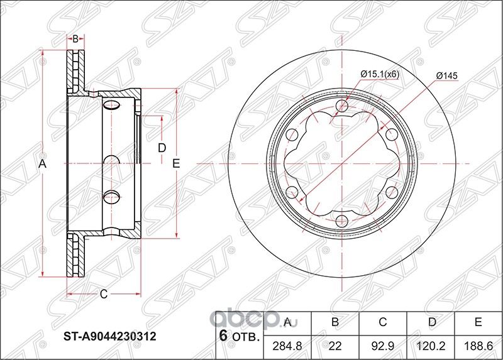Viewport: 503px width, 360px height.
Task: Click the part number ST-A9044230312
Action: [x=111, y=335]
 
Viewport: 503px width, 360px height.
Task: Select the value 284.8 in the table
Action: [x=287, y=345]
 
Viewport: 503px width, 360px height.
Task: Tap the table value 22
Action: [x=335, y=345]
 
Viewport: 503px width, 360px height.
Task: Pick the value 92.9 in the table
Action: [x=382, y=345]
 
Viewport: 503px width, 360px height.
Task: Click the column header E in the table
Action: [x=478, y=323]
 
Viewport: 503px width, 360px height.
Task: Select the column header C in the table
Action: [x=382, y=323]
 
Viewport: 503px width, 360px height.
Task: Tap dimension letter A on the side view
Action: [x=43, y=164]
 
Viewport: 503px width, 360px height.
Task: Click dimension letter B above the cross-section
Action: [x=75, y=39]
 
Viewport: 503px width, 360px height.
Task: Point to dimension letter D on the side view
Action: [x=162, y=148]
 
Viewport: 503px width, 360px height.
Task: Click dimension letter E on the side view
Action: [x=177, y=164]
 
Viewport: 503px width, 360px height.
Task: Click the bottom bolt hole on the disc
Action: [x=341, y=221]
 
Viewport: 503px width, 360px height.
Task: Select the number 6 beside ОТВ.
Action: [x=222, y=335]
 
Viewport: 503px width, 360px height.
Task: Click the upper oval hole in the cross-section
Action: [x=111, y=104]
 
